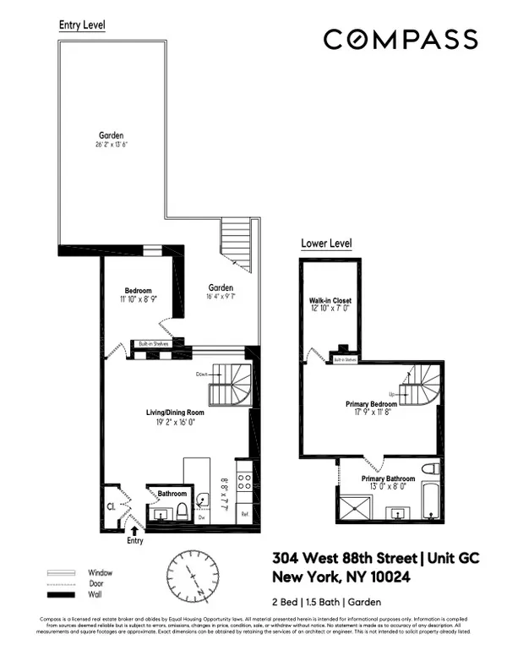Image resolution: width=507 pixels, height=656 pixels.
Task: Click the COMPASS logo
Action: [x=401, y=39]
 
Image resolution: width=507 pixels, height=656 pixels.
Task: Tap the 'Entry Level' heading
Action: [x=82, y=25]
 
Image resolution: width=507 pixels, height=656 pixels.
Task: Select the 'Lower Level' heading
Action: [x=326, y=243]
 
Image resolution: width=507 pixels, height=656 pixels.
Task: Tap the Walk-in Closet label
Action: [x=330, y=301]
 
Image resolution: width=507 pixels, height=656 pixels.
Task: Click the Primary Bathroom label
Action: [x=390, y=478]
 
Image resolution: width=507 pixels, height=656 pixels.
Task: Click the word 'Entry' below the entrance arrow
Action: [x=136, y=539]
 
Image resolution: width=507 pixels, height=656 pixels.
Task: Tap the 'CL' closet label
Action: [x=110, y=507]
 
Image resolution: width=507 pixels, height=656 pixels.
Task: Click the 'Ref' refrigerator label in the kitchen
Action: [x=244, y=514]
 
